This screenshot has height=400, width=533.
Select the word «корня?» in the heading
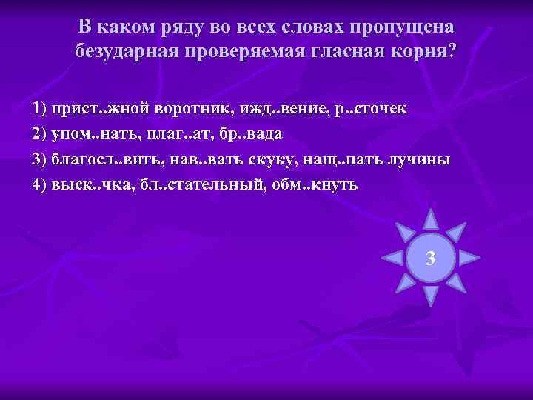pos(423,51)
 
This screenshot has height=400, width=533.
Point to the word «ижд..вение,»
pos(278,109)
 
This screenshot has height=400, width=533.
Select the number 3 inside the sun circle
pos(430,259)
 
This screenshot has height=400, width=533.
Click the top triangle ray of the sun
pos(430,219)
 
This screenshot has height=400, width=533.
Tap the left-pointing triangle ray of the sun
pos(392,258)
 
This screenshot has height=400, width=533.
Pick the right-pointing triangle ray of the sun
pos(469,258)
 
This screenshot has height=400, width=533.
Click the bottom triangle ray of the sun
pos(430,296)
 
